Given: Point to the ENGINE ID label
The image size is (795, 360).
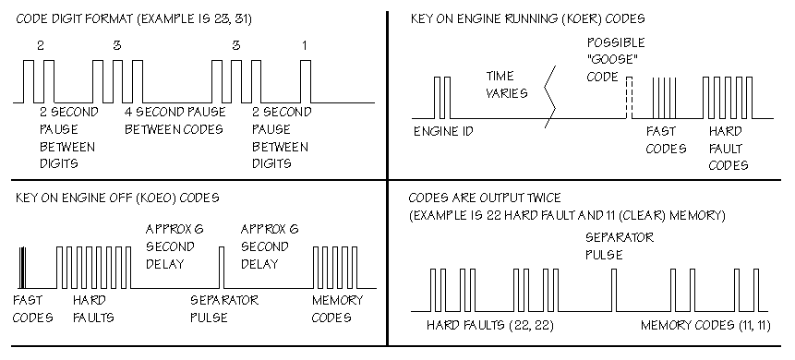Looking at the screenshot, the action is pos(443,131).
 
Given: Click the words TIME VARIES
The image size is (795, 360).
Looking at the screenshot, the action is pos(507,85).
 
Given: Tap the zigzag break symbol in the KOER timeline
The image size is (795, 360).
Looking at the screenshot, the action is pos(550,96).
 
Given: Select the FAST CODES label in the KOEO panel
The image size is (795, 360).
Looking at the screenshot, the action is pos(32,309).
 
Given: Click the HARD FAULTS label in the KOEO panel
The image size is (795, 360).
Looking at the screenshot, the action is pos(93,309).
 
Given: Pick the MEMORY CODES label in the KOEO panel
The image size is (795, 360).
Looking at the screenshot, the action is pos(337,309).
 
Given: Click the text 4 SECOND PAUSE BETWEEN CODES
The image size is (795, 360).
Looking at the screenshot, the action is pos(175,120).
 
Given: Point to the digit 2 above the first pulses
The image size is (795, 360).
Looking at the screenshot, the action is pos(41,45).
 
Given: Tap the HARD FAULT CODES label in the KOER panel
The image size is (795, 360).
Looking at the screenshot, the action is pos(729,148).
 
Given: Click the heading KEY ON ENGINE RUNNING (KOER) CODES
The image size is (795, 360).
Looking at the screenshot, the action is pos(527,18).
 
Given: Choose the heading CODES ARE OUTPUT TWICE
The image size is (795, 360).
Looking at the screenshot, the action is pos(485,198).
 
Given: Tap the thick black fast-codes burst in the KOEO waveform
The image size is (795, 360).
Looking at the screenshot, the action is pos(22,268).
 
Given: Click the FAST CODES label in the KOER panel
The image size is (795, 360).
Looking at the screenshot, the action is pos(666,140).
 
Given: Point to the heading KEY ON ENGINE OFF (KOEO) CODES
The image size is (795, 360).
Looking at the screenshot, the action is pos(117,198).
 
